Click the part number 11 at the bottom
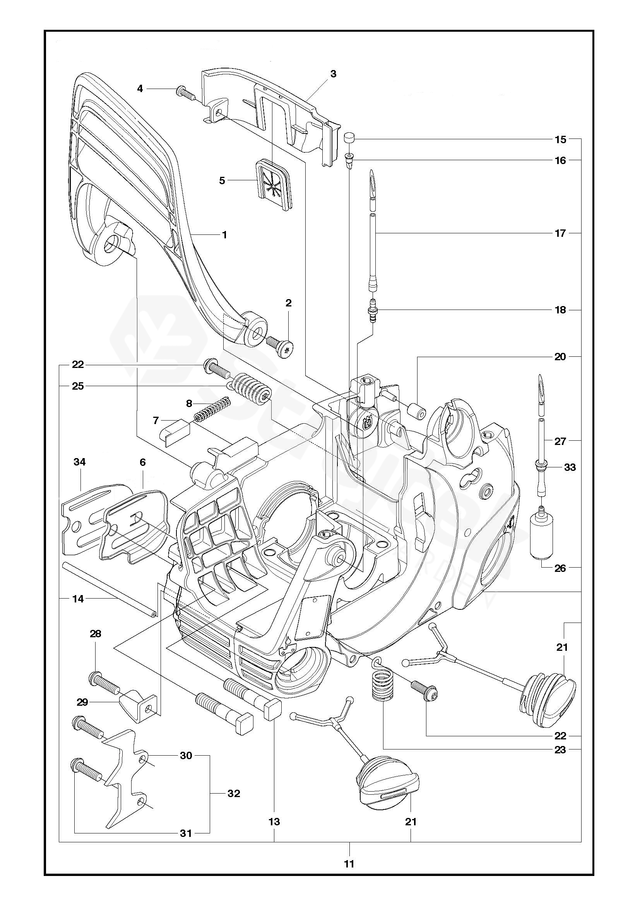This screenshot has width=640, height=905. point(349,850)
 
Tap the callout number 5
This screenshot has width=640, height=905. point(222,181)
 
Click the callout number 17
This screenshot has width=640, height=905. point(560,233)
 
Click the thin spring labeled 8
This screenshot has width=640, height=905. point(213,409)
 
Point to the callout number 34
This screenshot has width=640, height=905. point(80,462)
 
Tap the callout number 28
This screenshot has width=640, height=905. point(95,645)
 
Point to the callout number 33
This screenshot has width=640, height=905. point(570,467)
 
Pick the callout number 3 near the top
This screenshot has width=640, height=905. point(334,74)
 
